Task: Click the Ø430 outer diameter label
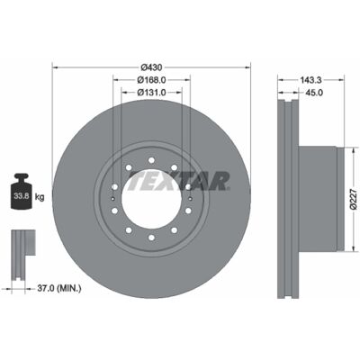click(x=151, y=67)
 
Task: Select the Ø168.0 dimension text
click(x=151, y=80)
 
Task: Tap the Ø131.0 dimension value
click(x=151, y=93)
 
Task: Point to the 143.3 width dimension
click(x=310, y=80)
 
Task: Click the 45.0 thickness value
click(x=314, y=93)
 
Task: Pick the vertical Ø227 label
click(x=355, y=199)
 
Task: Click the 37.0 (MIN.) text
click(x=59, y=289)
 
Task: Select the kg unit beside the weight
click(x=40, y=197)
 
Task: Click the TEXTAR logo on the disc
click(x=178, y=181)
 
